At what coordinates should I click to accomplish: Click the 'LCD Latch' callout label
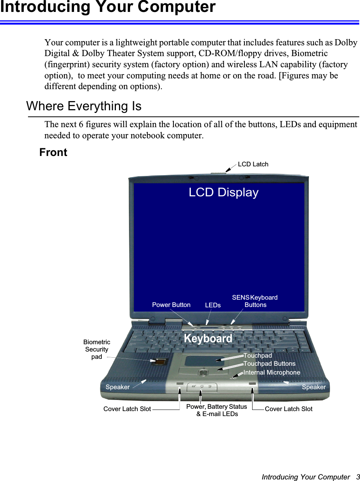(x=253, y=164)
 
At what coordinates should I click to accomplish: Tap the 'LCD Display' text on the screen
(x=223, y=192)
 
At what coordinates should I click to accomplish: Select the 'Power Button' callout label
(x=171, y=305)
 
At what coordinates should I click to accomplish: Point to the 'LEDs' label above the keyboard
(x=213, y=305)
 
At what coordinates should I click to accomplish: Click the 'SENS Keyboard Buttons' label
(x=255, y=301)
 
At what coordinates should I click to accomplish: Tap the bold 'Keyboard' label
(x=208, y=338)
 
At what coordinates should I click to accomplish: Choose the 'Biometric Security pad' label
(x=97, y=349)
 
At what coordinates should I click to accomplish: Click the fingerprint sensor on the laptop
(x=161, y=361)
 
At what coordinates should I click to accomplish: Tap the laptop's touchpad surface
(x=204, y=361)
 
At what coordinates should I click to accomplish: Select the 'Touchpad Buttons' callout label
(x=269, y=363)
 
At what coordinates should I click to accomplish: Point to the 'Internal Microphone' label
(x=272, y=372)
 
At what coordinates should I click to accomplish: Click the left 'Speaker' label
(x=117, y=387)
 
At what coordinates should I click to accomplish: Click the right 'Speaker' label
(x=314, y=387)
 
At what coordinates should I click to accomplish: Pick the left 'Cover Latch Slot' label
(x=127, y=409)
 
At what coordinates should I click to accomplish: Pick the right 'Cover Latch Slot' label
(x=289, y=409)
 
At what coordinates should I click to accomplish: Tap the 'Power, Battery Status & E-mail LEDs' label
(x=217, y=410)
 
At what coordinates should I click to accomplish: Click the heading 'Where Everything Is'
(x=84, y=106)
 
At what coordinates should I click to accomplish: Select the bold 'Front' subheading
(x=53, y=153)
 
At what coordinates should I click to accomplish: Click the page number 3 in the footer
(x=357, y=477)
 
